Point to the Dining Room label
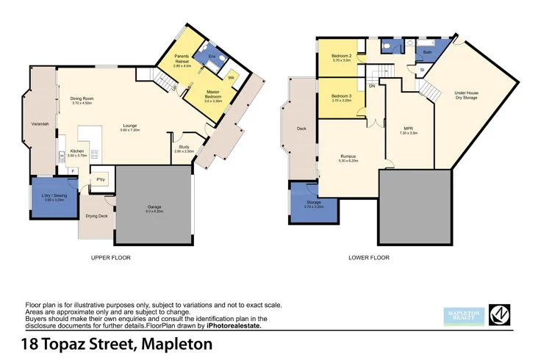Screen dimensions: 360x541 [x=82, y=101]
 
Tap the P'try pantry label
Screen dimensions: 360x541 [x=100, y=180]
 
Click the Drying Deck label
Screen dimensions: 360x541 [x=96, y=216]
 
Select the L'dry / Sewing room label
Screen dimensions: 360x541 [x=56, y=197]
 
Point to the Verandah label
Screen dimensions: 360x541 [x=40, y=124]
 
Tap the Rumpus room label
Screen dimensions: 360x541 [x=348, y=157]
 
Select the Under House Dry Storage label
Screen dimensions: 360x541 [x=467, y=96]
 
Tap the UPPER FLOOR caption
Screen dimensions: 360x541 [x=110, y=258]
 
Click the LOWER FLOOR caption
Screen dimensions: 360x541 [x=369, y=258]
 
